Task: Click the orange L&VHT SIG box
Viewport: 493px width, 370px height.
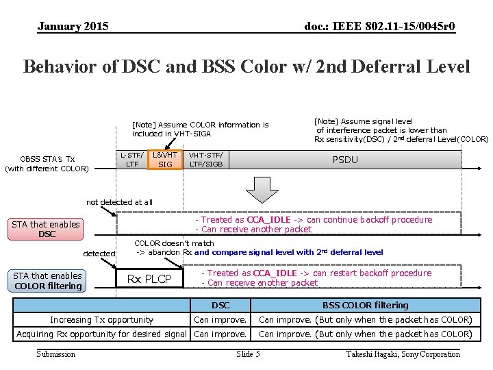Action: (165, 160)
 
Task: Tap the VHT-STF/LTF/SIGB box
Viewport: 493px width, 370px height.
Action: (206, 160)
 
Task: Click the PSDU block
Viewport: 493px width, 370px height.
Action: (345, 160)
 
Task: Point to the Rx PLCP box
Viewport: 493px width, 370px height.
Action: (149, 279)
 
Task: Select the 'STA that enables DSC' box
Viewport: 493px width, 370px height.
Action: (47, 230)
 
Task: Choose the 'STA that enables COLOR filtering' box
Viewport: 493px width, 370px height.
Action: (47, 281)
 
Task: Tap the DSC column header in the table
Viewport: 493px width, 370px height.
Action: (220, 306)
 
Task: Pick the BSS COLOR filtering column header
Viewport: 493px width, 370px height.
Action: (365, 306)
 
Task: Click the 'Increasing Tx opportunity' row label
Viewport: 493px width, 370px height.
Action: (101, 320)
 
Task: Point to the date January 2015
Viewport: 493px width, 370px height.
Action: (73, 27)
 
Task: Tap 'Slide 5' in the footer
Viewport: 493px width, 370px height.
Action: (248, 354)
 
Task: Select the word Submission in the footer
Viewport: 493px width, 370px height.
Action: (56, 354)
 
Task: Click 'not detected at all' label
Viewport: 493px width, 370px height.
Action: (119, 202)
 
